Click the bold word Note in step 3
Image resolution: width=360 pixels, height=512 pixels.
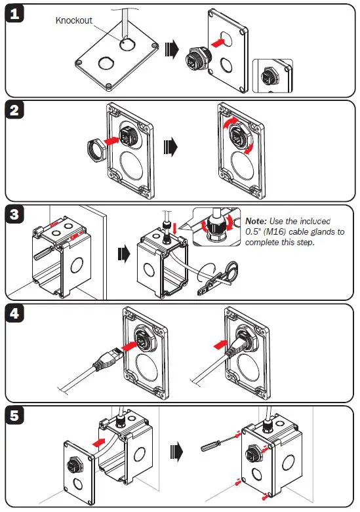(256, 222)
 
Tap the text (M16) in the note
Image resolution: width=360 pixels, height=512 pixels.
(281, 232)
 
